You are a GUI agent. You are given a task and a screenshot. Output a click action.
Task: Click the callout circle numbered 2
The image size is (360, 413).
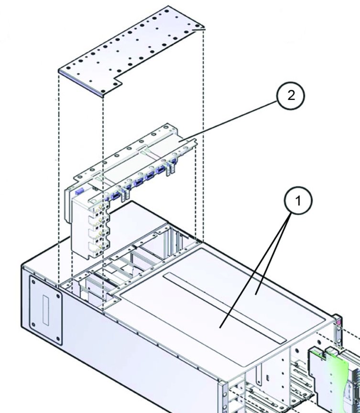tap(291, 95)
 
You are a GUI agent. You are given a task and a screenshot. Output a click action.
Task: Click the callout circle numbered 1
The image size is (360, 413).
tap(298, 201)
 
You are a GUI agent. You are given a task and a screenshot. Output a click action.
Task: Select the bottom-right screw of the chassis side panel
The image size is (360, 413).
tap(58, 339)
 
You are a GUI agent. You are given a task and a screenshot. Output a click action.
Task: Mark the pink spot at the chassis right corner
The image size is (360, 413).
tap(339, 321)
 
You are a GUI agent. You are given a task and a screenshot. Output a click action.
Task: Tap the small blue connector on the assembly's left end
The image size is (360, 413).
tap(79, 191)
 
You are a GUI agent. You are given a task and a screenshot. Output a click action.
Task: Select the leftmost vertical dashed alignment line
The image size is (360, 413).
tap(59, 180)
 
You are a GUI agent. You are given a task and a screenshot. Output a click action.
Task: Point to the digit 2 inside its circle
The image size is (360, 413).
tap(291, 95)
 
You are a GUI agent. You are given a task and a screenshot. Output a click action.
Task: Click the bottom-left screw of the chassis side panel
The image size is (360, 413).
tap(33, 325)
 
